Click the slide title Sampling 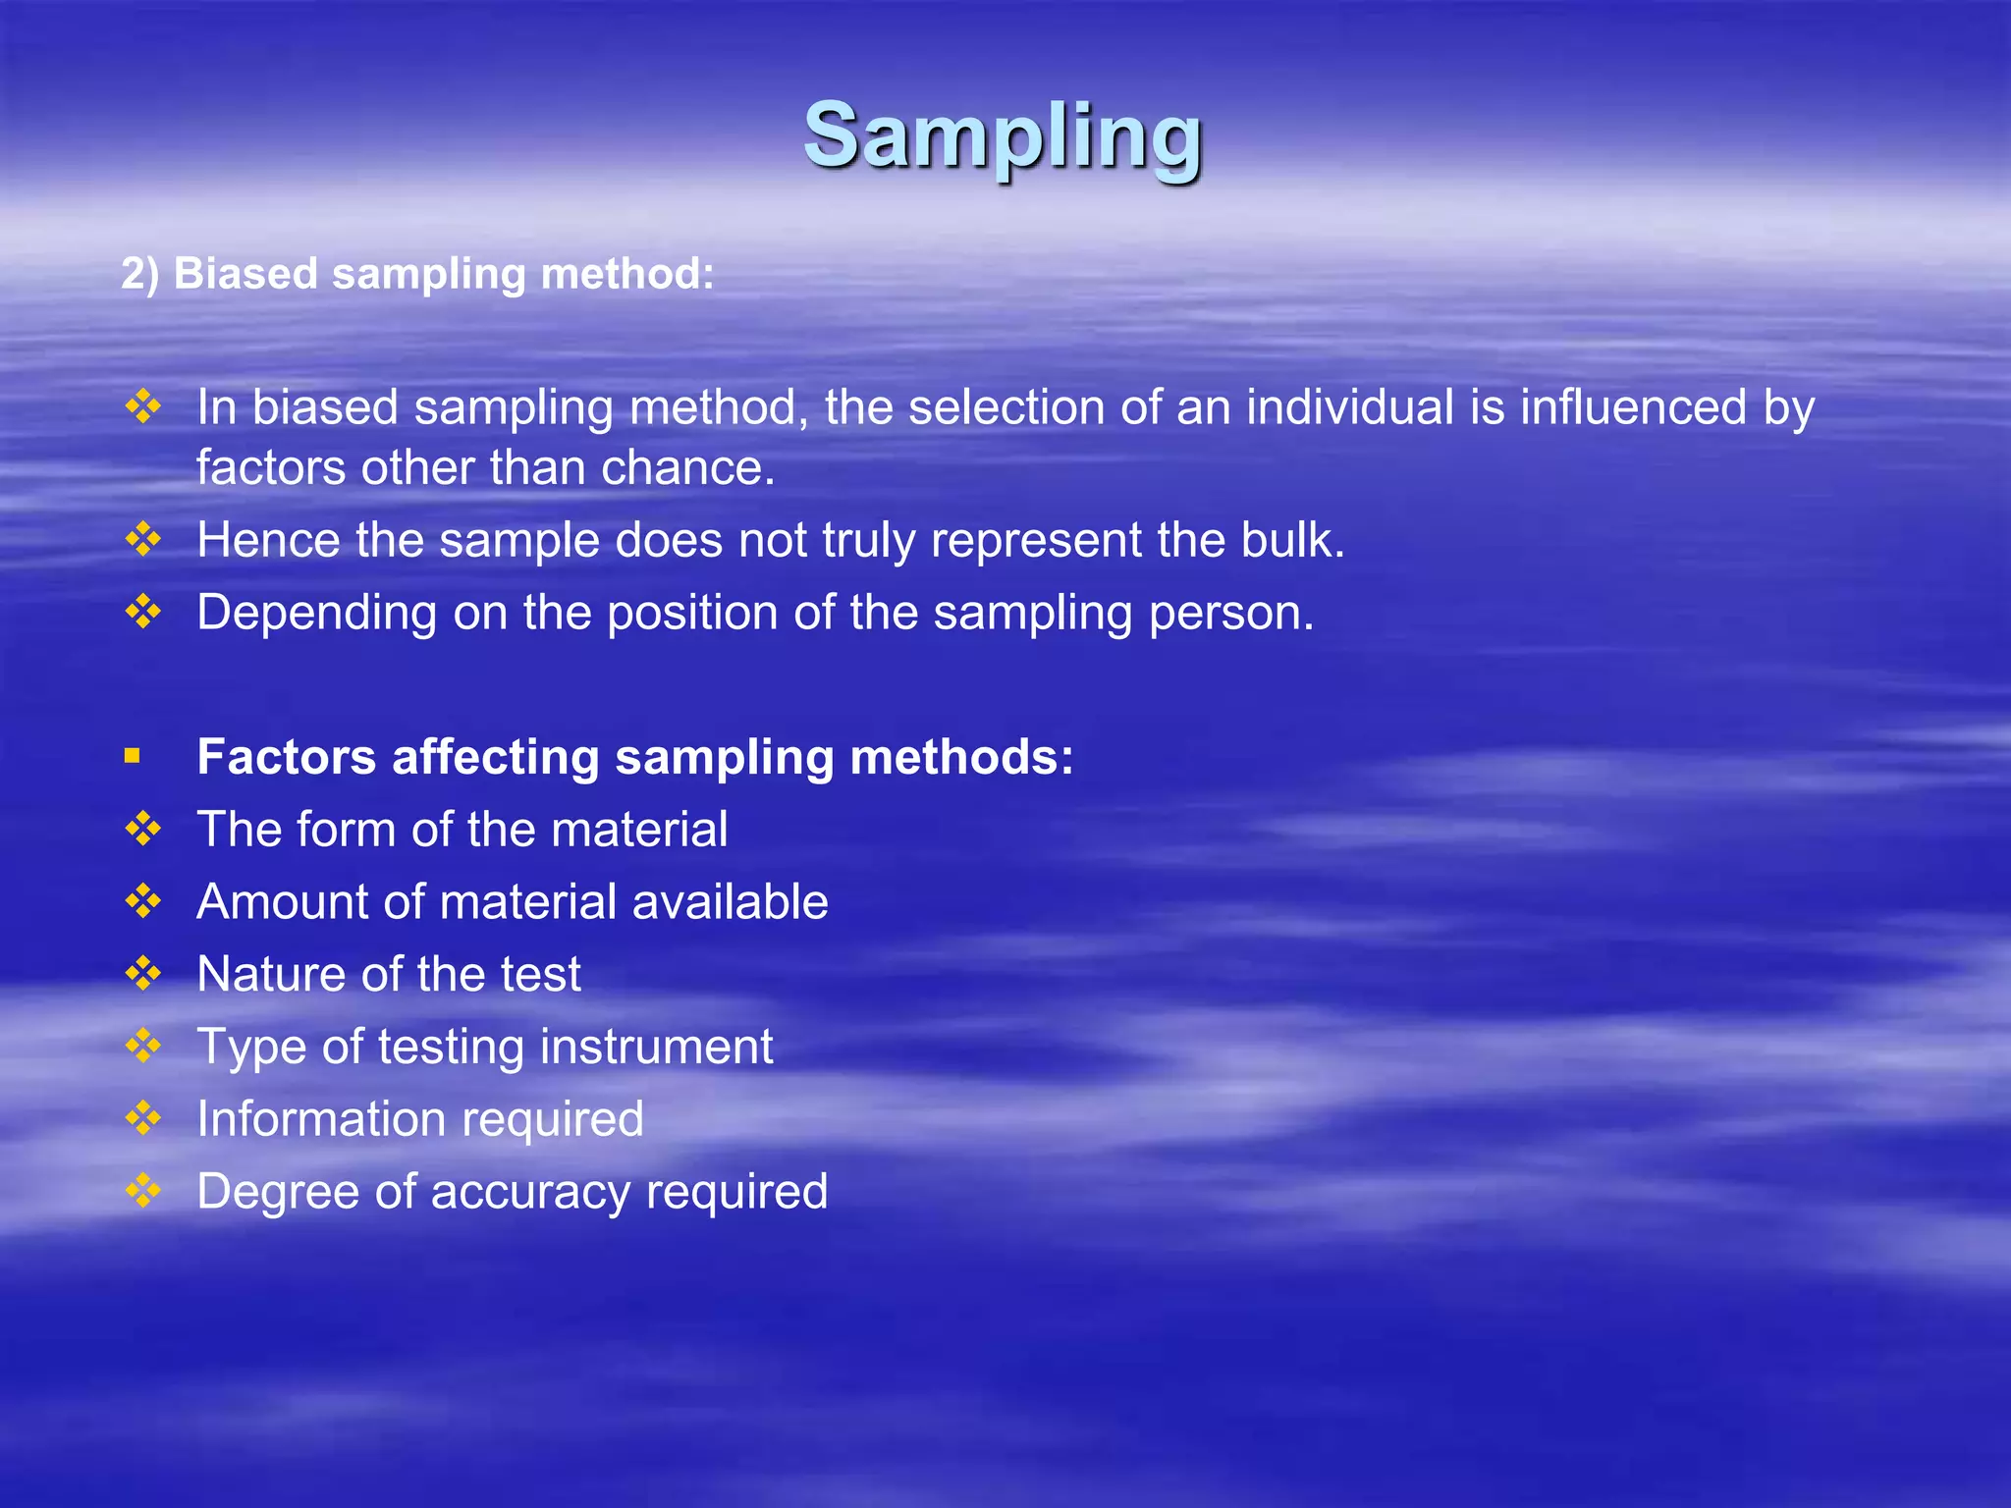pos(1003,137)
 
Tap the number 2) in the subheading pos(139,274)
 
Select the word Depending pos(316,614)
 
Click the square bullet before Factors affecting pos(133,756)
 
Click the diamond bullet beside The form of pos(143,829)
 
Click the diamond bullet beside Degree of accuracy pos(143,1190)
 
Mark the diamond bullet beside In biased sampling pos(143,406)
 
